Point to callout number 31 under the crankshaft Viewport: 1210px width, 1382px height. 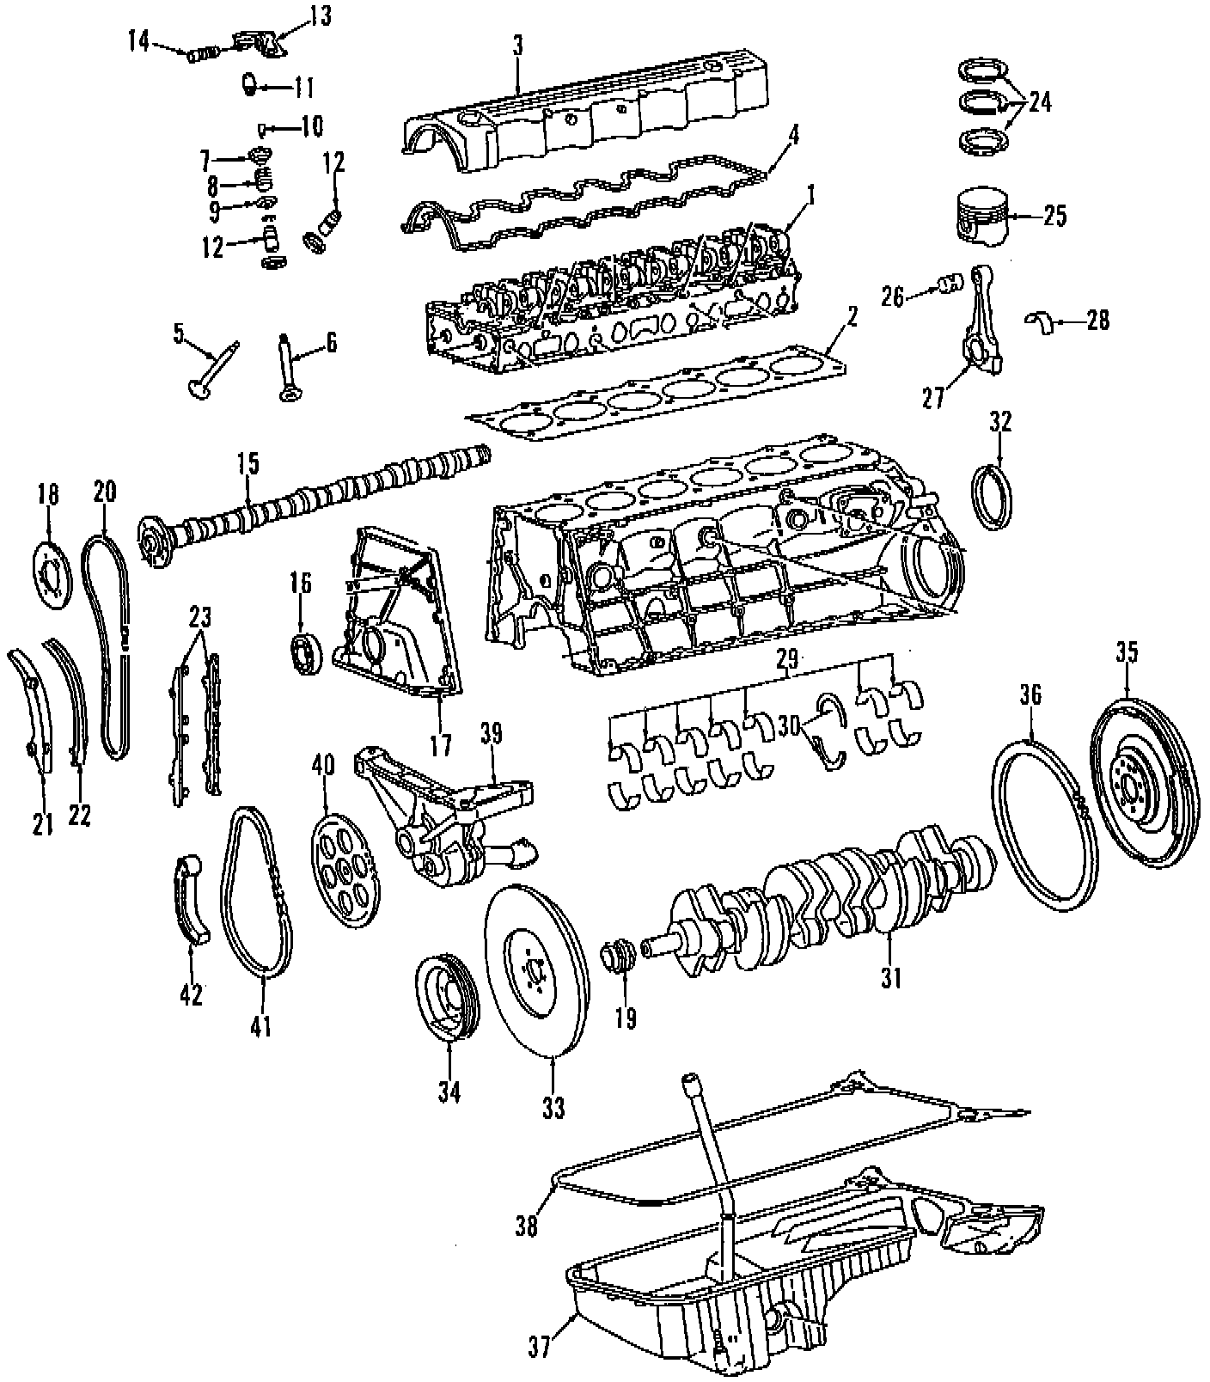click(890, 977)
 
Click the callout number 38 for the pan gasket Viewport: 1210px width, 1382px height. click(526, 1226)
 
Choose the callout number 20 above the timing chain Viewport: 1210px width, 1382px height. click(104, 492)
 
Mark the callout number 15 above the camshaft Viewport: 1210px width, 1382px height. click(247, 464)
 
